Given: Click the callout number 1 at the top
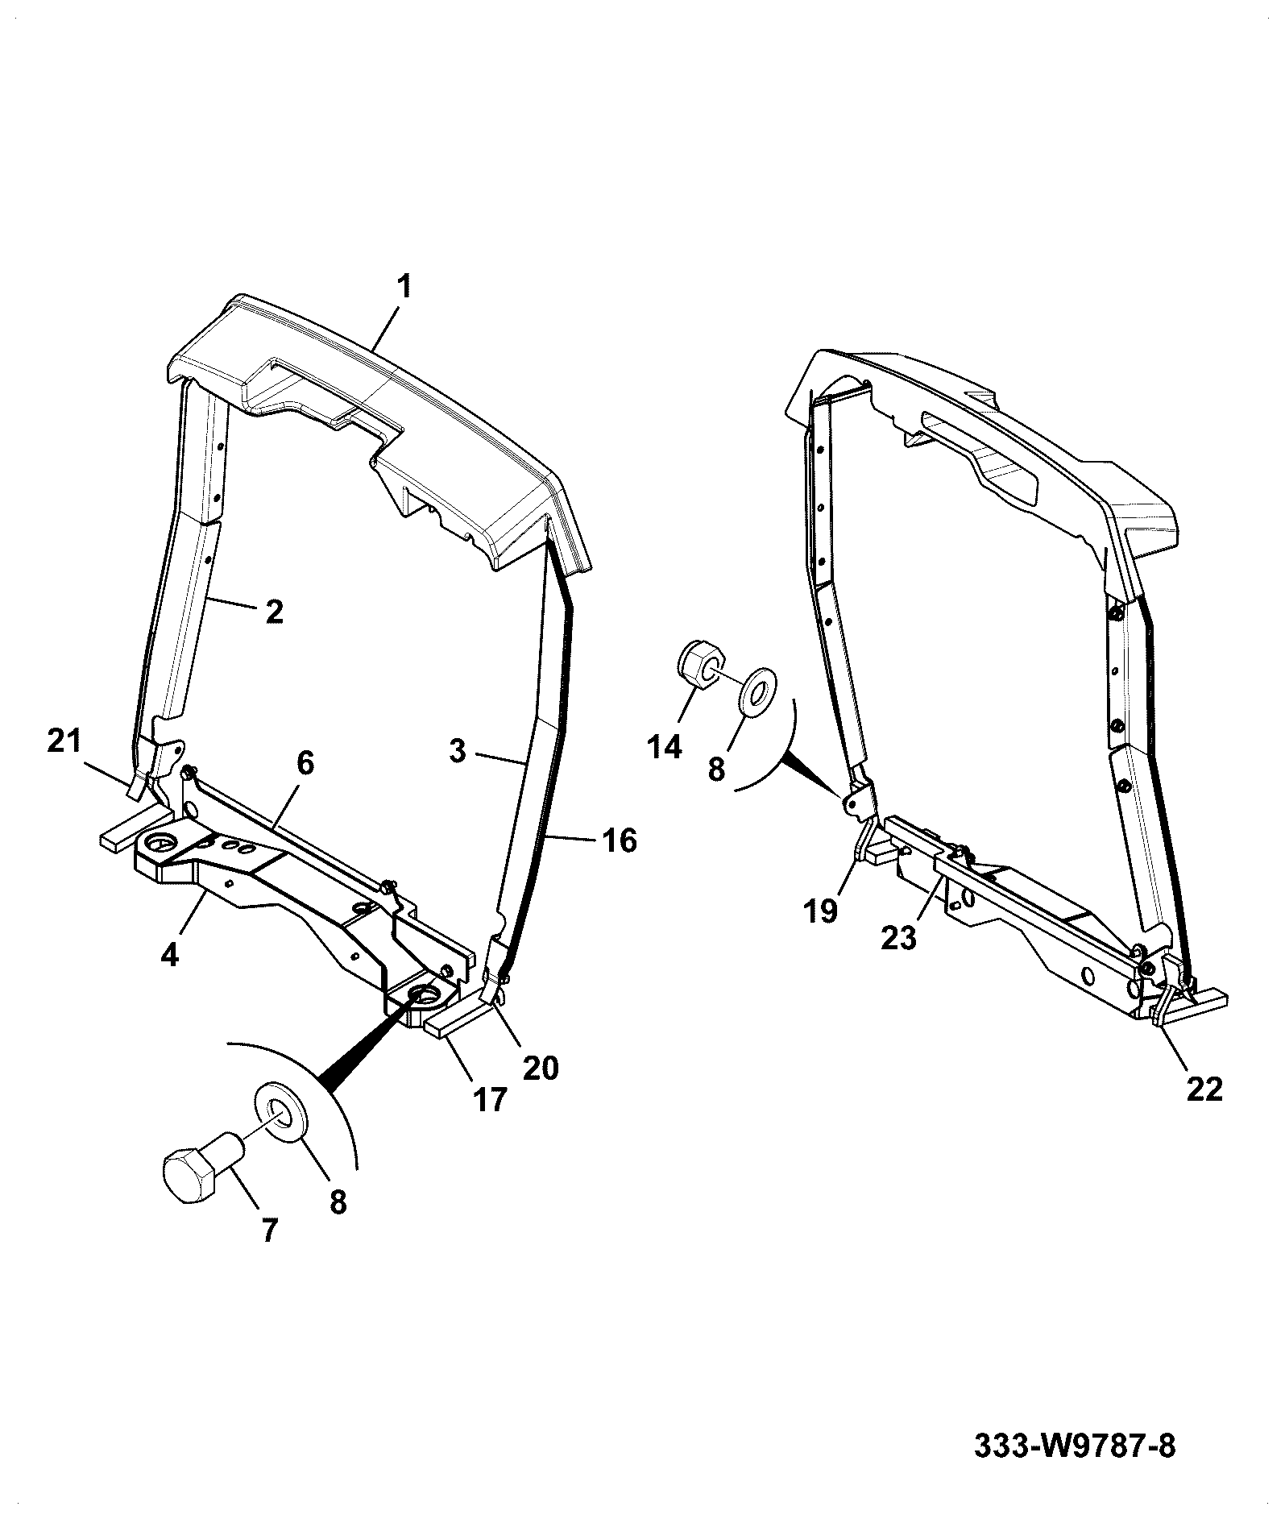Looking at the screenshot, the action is (403, 287).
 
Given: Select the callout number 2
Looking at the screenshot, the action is (274, 612).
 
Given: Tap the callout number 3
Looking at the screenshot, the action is (458, 752).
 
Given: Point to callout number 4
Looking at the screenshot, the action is (169, 954).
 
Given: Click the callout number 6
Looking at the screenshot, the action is (305, 763).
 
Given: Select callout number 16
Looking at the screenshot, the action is (619, 841).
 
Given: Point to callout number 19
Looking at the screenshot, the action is (820, 911).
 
